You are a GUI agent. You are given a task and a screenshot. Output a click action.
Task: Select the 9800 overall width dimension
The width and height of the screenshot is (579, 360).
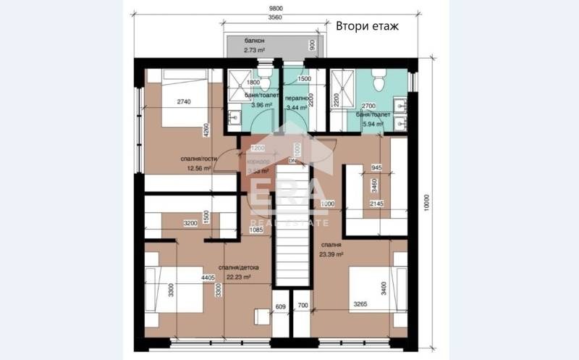tap(276, 7)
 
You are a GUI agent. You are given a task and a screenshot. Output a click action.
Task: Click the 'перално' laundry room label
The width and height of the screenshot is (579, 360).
tap(296, 98)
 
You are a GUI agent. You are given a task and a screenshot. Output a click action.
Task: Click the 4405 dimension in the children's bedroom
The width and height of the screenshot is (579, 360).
tap(210, 276)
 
